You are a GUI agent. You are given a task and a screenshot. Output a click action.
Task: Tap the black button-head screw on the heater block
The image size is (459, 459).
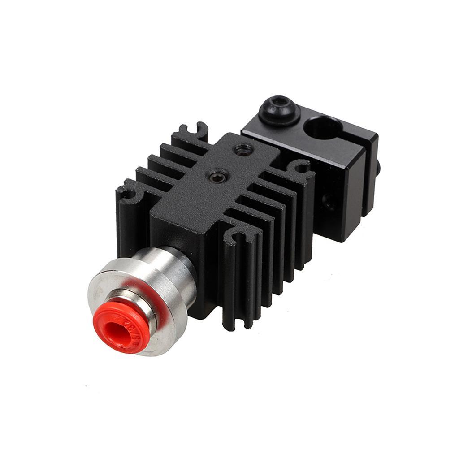point(279,109)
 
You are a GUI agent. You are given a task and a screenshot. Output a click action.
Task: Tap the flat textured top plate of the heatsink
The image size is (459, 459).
point(211,193)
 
